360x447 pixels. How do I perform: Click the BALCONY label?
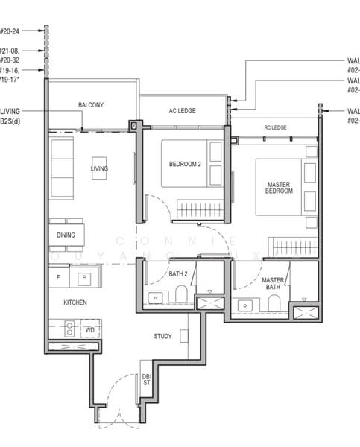pyautogui.click(x=91, y=106)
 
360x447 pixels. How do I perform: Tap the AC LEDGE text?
pyautogui.click(x=182, y=111)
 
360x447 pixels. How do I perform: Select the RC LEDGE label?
pyautogui.click(x=275, y=127)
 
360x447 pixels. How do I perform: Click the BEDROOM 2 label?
pyautogui.click(x=184, y=164)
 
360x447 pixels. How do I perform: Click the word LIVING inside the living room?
pyautogui.click(x=99, y=169)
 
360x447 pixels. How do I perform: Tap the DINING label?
pyautogui.click(x=66, y=235)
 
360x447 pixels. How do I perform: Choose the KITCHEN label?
pyautogui.click(x=75, y=302)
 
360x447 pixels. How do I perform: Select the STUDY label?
pyautogui.click(x=162, y=336)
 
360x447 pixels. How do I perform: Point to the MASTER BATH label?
pyautogui.click(x=273, y=284)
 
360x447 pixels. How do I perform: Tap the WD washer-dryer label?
pyautogui.click(x=89, y=329)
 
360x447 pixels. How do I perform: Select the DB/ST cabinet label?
pyautogui.click(x=146, y=381)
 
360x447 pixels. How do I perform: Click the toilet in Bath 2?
pyautogui.click(x=182, y=297)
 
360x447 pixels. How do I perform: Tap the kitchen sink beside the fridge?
pyautogui.click(x=83, y=279)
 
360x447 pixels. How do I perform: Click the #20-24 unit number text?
pyautogui.click(x=9, y=31)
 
